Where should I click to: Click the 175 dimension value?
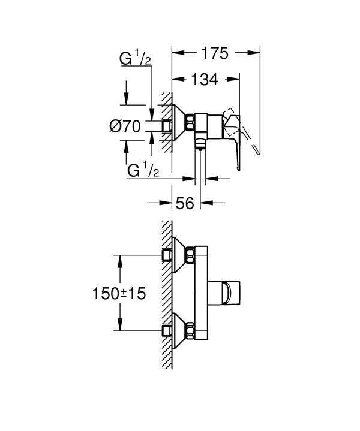click(215, 53)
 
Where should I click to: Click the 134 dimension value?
click(205, 79)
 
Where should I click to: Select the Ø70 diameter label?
click(125, 126)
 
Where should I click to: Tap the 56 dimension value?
click(185, 203)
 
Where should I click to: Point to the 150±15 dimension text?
click(119, 293)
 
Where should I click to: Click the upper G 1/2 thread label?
click(135, 59)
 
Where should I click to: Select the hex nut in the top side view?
click(190, 122)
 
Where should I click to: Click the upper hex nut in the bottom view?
click(190, 255)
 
